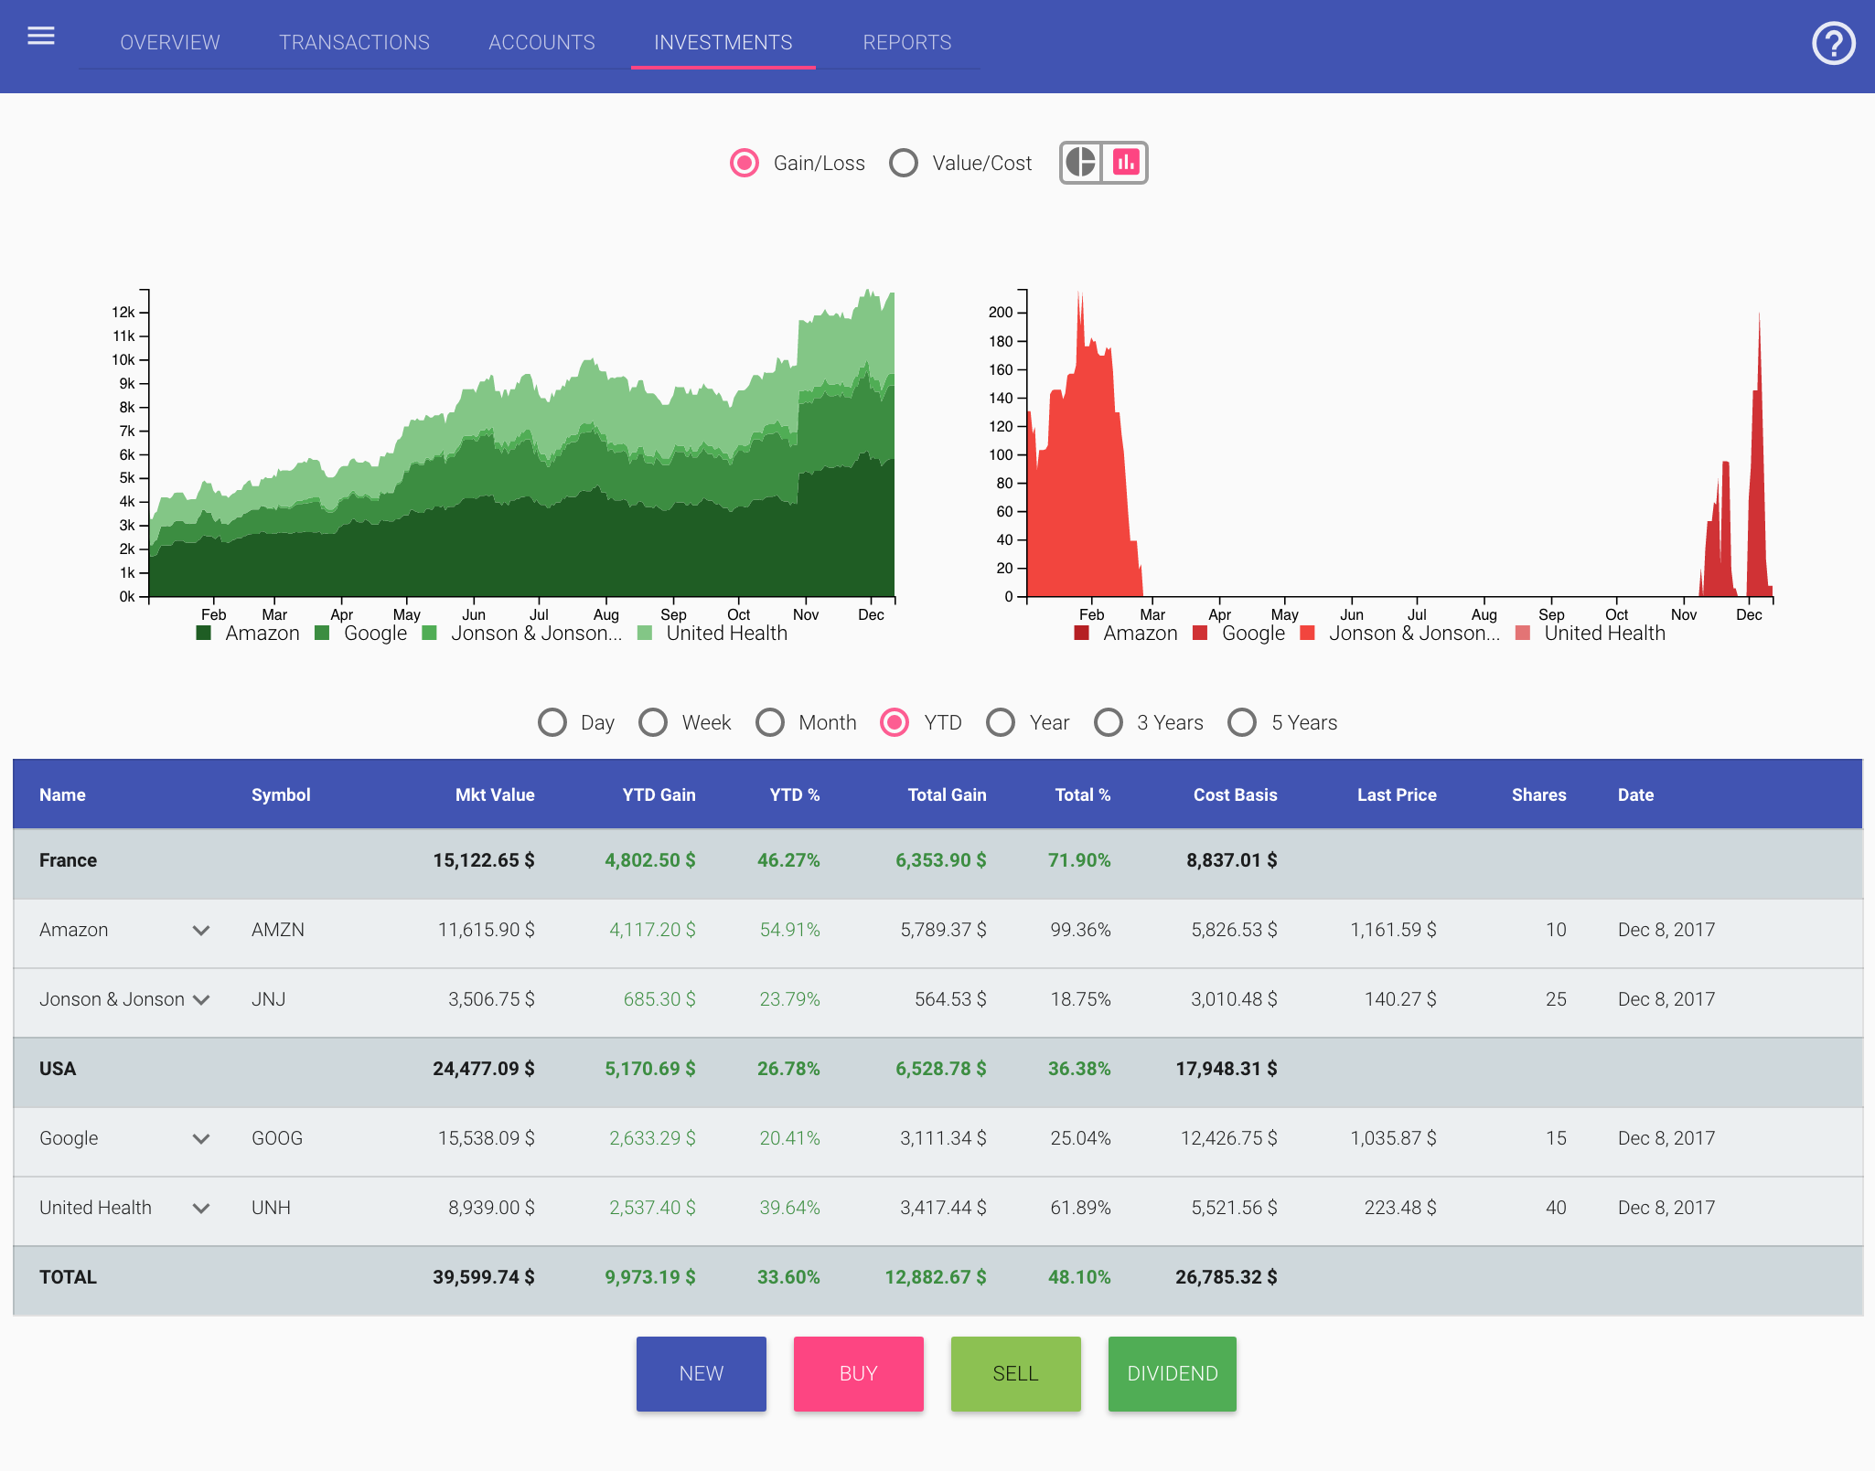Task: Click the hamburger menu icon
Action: pos(41,37)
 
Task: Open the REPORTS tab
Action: pos(906,43)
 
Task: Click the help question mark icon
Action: pos(1833,44)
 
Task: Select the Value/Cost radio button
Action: pos(904,163)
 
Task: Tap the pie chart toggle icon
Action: pos(1081,163)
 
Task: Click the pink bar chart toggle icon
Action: pos(1125,163)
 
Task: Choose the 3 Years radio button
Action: pos(1109,722)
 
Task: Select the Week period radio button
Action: pos(653,722)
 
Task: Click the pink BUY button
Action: pos(858,1373)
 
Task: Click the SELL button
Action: pos(1015,1373)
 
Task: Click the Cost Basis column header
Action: pos(1235,794)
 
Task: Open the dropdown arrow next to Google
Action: pos(201,1138)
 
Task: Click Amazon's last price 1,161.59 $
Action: pos(1393,930)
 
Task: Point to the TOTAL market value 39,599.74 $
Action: pos(483,1277)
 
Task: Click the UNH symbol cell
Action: pos(271,1208)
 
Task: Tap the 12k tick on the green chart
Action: pos(123,313)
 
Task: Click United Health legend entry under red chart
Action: pos(1603,633)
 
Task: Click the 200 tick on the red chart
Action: pos(1001,313)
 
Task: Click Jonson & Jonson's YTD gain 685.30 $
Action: pos(659,999)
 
